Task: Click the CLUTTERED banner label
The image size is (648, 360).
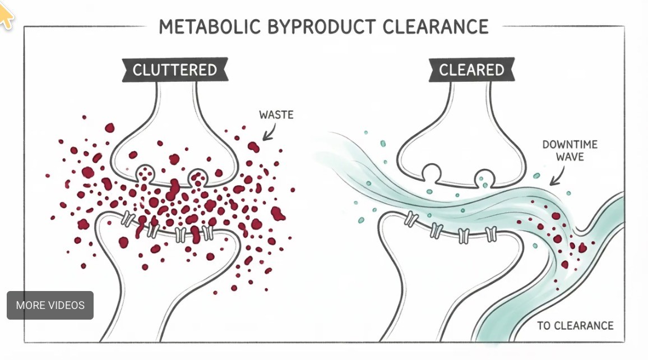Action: pos(174,70)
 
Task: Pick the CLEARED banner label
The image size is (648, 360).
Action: pos(471,70)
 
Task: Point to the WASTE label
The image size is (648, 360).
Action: pos(276,115)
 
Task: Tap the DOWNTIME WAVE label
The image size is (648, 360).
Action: pos(570,151)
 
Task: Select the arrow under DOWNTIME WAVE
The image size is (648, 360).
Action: pos(557,178)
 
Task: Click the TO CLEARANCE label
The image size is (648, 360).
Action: pos(575,326)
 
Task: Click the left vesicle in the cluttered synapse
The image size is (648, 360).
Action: pos(145,170)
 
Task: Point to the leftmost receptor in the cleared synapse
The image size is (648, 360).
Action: pos(412,219)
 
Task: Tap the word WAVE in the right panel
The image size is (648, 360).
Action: pos(570,157)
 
